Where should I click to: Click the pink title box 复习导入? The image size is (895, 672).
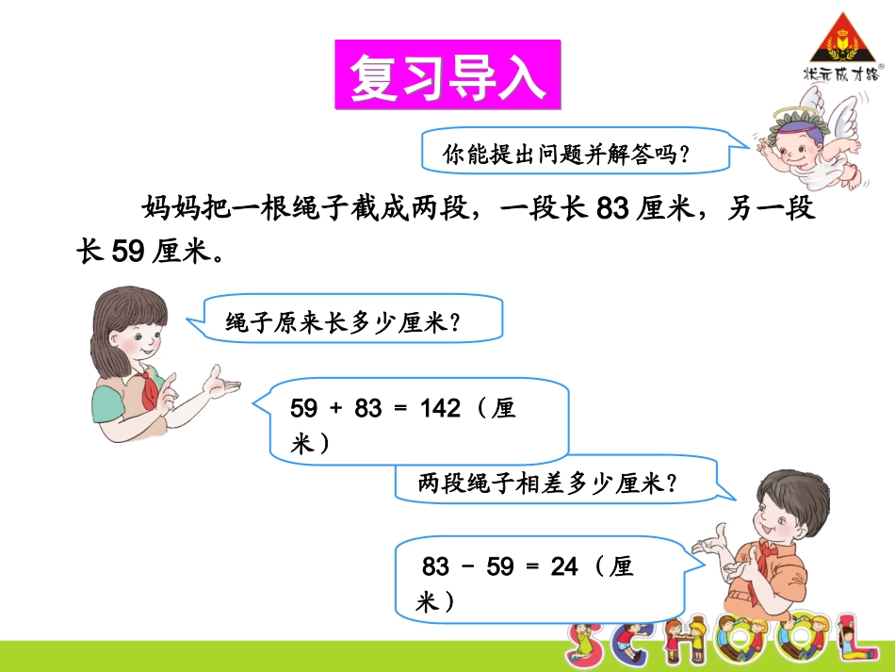(447, 75)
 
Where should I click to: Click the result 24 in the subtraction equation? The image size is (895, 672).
(563, 566)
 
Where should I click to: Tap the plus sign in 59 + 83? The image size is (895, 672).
(337, 409)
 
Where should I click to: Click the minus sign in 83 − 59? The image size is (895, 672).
(468, 566)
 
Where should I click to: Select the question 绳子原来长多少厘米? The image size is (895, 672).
(342, 323)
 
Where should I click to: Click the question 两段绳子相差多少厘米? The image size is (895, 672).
(547, 484)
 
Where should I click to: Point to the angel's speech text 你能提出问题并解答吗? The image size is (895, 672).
(566, 153)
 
